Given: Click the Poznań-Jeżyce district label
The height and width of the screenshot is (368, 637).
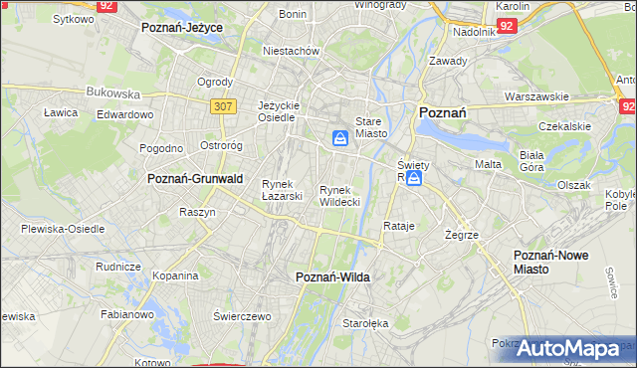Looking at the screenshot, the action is tap(182, 28).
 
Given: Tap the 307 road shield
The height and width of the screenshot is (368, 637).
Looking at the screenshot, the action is tap(223, 104).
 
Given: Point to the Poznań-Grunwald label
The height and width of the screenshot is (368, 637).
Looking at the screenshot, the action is tap(195, 178).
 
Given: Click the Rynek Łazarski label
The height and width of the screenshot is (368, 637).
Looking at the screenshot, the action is tap(282, 189).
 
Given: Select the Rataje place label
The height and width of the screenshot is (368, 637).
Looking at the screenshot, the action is tap(398, 226).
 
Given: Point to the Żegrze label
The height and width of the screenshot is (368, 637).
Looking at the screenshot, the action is tap(463, 235).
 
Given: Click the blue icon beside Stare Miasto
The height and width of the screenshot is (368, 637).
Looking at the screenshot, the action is tap(340, 138).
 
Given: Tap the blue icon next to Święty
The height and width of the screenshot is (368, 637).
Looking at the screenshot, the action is tap(413, 178).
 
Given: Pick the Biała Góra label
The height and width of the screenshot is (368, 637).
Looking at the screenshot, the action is tap(538, 161).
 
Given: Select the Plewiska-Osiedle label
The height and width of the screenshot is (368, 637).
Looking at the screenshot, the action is tap(63, 229).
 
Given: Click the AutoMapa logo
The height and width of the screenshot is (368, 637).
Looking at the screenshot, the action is tap(567, 348).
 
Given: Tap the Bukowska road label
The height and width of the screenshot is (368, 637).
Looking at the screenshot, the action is tap(112, 92).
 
